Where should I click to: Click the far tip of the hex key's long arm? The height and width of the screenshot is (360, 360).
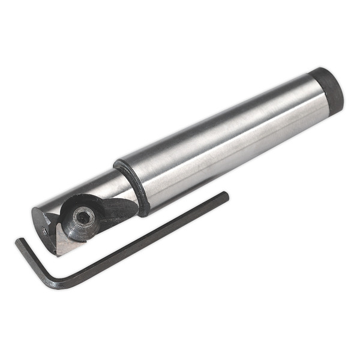point(226,195)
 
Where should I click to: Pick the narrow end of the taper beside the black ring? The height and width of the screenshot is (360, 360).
point(150,180)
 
